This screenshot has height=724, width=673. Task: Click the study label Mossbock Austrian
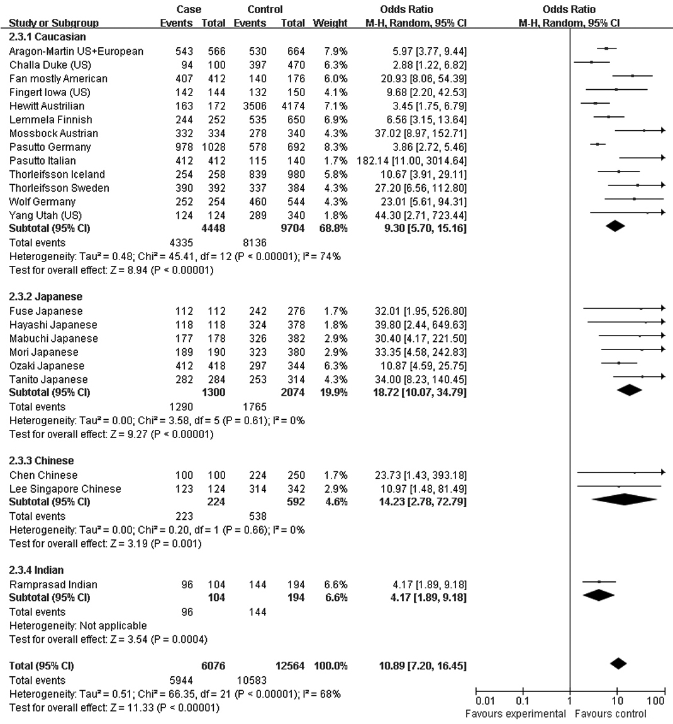pyautogui.click(x=53, y=133)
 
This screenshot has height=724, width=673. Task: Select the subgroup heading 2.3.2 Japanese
pyautogui.click(x=45, y=297)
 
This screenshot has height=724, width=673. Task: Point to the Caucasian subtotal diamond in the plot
pyautogui.click(x=615, y=226)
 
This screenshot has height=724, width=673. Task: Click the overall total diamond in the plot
pyautogui.click(x=618, y=664)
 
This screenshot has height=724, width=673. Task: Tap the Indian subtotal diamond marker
pyautogui.click(x=599, y=595)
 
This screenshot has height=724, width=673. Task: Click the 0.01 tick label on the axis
pyautogui.click(x=486, y=701)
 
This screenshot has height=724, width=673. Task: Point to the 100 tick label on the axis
pyautogui.click(x=655, y=701)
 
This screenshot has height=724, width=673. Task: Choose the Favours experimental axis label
pyautogui.click(x=516, y=714)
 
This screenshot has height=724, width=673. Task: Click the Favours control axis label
pyautogui.click(x=610, y=714)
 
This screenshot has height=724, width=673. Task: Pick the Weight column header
pyautogui.click(x=330, y=23)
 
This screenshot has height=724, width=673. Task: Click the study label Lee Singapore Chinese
pyautogui.click(x=65, y=489)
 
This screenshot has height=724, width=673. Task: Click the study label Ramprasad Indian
pyautogui.click(x=53, y=584)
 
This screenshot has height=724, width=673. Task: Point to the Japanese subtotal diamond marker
pyautogui.click(x=630, y=390)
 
